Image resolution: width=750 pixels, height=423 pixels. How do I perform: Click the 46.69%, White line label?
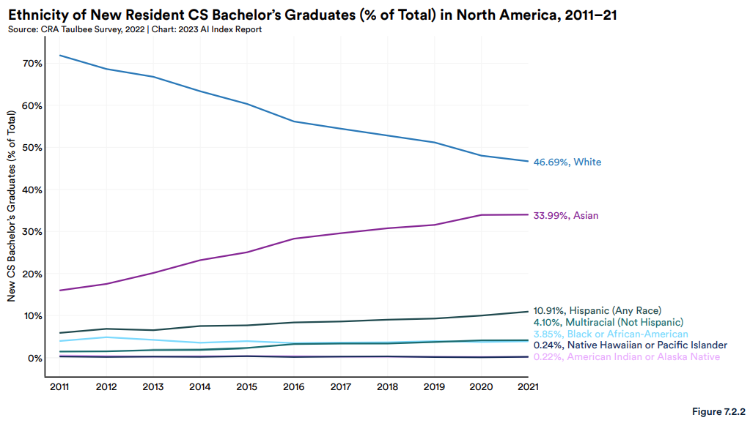[567, 162]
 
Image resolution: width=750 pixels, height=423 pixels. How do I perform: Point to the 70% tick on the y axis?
[32, 64]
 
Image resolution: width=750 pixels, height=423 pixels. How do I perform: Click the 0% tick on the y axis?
[34, 359]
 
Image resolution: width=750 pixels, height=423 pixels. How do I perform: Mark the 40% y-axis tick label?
[32, 190]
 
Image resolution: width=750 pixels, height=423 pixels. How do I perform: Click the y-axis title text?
[12, 207]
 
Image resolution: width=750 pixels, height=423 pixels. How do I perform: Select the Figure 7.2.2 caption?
[718, 412]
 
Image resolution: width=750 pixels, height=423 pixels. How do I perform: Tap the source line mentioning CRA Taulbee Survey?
[134, 29]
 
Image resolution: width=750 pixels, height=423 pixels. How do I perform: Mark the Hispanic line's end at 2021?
[528, 312]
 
